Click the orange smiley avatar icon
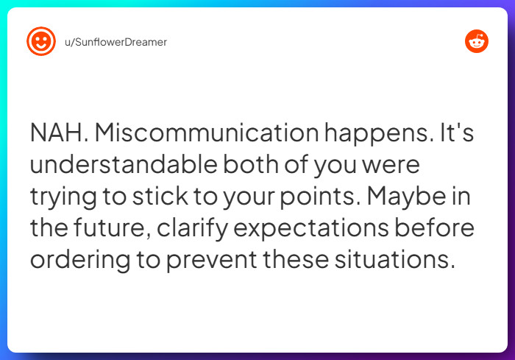point(41,41)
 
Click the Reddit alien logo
point(477,41)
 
